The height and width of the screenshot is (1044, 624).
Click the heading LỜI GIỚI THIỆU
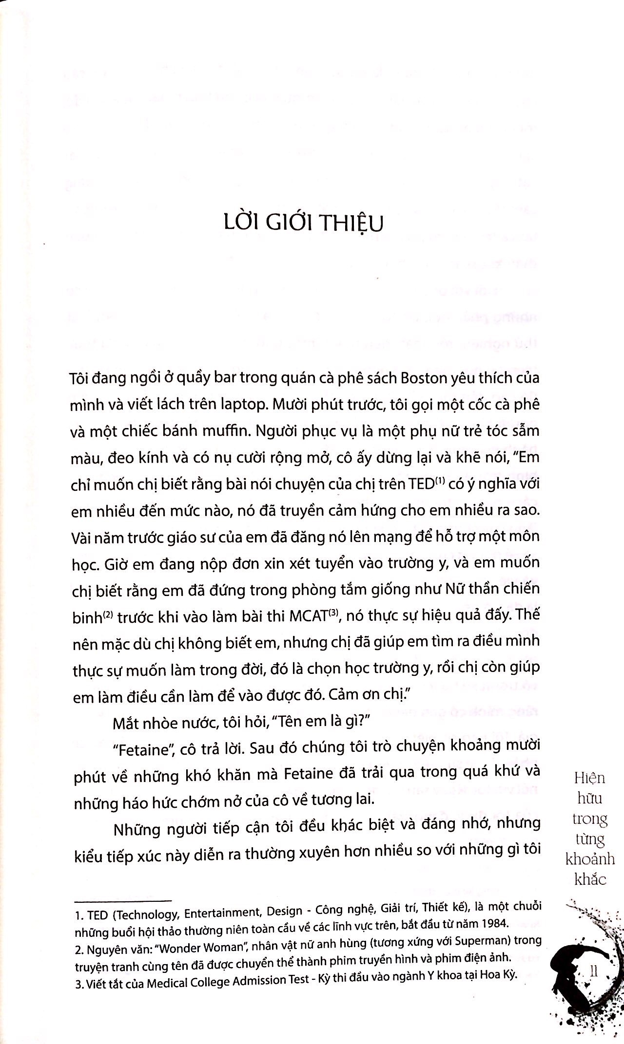coord(301,224)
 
